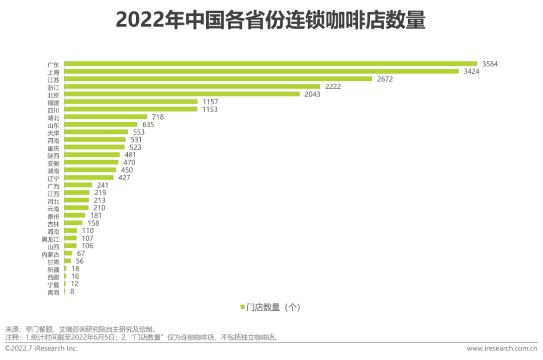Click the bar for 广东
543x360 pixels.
coord(270,64)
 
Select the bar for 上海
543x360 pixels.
coord(261,71)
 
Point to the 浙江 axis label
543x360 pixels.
coord(53,87)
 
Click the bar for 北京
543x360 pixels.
coord(182,94)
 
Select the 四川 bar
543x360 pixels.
coord(131,109)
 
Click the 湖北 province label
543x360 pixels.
coord(53,117)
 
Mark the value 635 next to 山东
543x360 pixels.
coord(148,124)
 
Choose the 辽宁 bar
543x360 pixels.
coord(89,177)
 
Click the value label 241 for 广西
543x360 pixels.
coord(103,185)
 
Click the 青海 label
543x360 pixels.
coord(53,292)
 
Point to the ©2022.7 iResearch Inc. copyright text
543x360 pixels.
coord(41,348)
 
